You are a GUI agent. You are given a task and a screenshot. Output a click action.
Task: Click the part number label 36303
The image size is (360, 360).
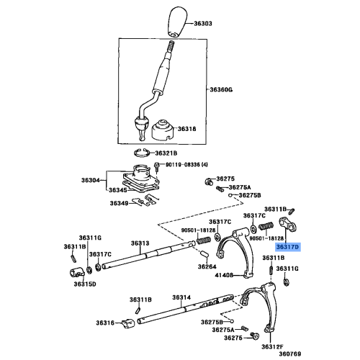[203, 24]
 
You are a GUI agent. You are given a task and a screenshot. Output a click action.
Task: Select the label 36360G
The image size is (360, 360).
[222, 90]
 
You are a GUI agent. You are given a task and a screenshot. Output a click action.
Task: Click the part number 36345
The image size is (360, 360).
[117, 190]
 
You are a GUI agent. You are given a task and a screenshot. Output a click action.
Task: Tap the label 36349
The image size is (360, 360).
[119, 203]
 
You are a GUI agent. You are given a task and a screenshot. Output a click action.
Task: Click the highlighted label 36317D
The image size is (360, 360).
[289, 246]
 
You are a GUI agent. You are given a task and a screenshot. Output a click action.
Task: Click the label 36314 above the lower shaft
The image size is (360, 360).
[181, 297]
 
